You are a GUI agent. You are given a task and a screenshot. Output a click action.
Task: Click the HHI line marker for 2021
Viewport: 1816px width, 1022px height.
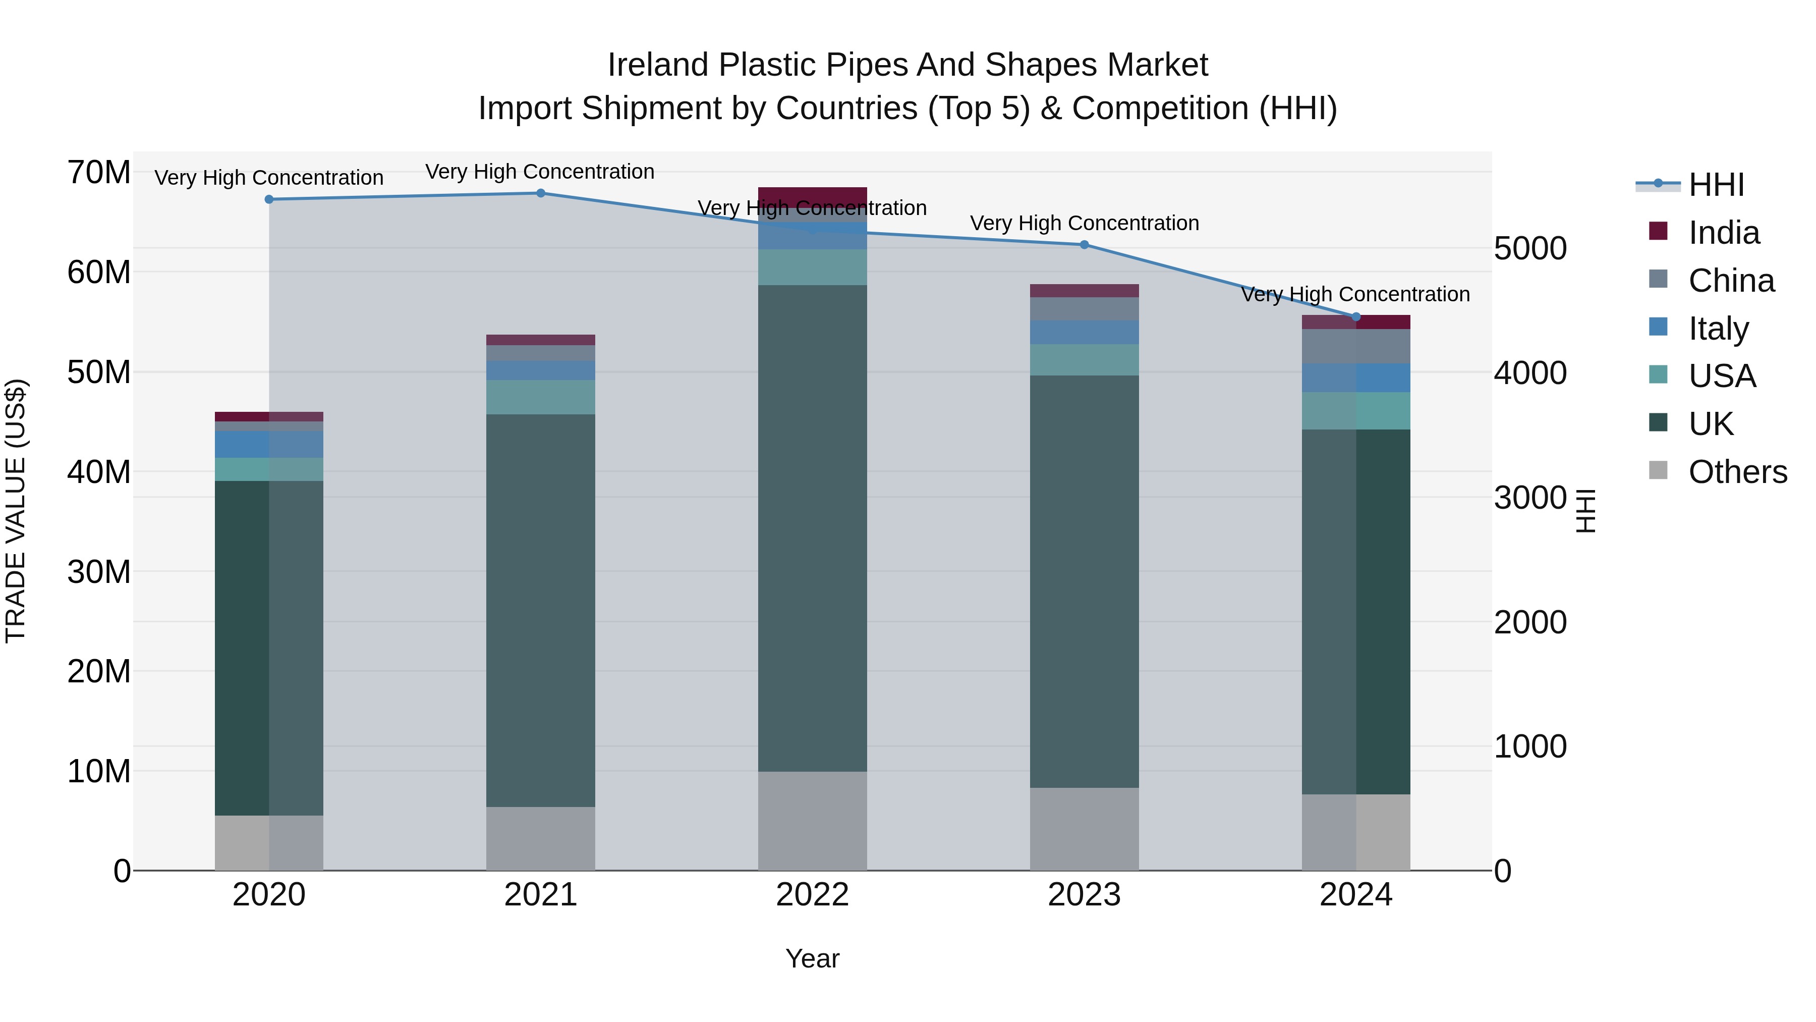pos(541,193)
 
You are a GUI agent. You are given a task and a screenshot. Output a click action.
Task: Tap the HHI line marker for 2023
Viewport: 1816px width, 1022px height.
pos(1084,245)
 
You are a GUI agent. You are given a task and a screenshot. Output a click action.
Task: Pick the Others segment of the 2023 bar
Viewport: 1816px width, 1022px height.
pos(1084,829)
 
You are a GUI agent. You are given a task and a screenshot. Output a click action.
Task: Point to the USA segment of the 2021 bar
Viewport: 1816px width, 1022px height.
pos(541,397)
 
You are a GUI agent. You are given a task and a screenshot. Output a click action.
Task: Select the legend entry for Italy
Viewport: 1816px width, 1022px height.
pos(1718,329)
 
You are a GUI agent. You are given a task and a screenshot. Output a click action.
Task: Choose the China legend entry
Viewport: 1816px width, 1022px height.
pos(1731,281)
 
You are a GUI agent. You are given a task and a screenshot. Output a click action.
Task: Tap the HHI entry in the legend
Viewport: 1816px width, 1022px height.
pos(1716,185)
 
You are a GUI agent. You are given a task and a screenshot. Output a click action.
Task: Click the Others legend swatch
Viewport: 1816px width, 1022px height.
pos(1658,470)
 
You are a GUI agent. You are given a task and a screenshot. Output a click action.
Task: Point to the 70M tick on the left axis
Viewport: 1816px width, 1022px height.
pos(99,173)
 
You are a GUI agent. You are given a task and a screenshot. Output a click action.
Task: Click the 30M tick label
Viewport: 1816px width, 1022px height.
pos(99,572)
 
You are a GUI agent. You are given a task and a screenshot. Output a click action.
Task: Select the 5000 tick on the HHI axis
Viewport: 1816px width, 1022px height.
pos(1530,248)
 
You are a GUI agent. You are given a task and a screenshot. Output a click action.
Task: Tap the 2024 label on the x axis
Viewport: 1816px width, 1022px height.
pos(1355,895)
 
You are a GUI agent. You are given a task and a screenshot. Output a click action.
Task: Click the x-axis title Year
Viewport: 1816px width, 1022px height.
pos(812,958)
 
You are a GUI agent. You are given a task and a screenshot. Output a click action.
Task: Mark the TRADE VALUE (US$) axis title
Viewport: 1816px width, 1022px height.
pos(16,511)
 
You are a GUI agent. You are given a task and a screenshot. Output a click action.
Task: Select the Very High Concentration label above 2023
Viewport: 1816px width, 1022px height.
pos(1084,223)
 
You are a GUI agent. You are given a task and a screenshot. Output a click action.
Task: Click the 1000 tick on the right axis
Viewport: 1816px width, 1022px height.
pos(1530,746)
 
